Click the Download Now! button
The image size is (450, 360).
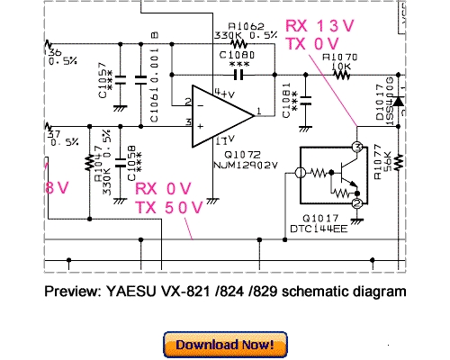[226, 344]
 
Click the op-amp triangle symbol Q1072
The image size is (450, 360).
[221, 116]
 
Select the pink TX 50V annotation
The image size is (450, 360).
[166, 208]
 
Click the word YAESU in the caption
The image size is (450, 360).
[135, 292]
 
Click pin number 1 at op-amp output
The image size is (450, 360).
[258, 111]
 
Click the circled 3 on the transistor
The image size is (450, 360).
[356, 147]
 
